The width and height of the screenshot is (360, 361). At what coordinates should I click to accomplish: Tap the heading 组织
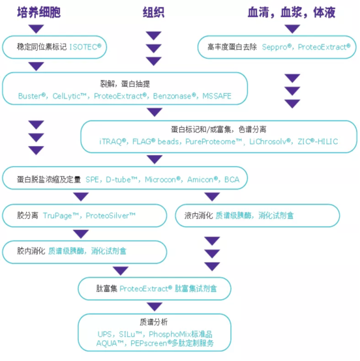[x=154, y=12]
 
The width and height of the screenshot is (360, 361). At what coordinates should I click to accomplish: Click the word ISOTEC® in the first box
[x=85, y=47]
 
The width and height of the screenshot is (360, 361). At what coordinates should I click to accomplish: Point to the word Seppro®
[x=278, y=47]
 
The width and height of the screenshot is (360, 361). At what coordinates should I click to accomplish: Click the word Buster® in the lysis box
[x=33, y=96]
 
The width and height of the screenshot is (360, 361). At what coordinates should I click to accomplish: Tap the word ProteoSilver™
[x=111, y=214]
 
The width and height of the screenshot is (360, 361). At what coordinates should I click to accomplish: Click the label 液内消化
[x=198, y=215]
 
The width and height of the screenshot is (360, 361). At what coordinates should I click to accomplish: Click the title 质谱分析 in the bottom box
[x=153, y=322]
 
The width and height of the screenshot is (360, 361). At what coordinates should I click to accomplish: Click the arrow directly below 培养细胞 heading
[x=36, y=29]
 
